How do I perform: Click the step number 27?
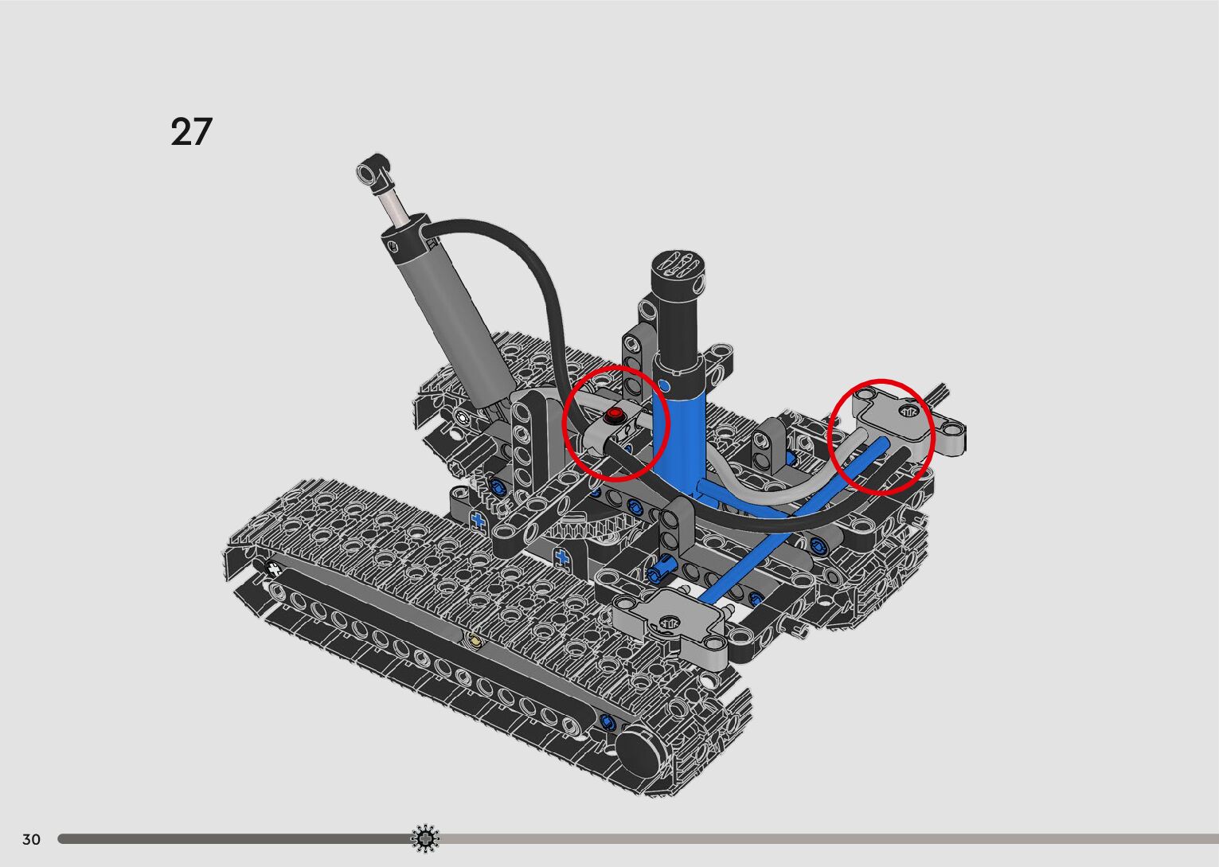tap(191, 131)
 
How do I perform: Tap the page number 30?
tap(32, 839)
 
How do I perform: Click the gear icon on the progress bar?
tap(425, 838)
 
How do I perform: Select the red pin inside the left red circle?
tap(615, 416)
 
